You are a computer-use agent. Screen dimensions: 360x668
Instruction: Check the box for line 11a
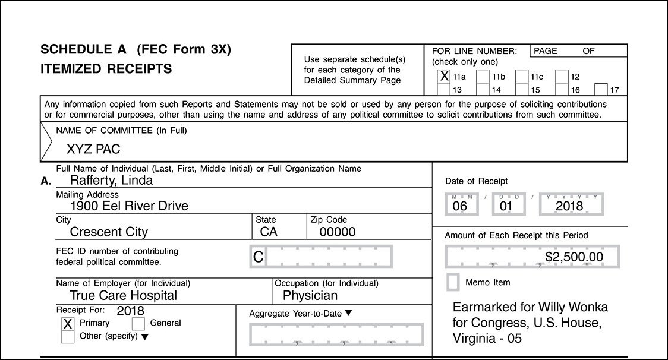coord(443,76)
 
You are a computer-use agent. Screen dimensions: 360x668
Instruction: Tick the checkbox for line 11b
coord(483,77)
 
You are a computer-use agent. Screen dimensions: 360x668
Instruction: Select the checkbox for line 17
coord(601,90)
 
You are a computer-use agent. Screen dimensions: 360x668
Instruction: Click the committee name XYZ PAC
coord(93,149)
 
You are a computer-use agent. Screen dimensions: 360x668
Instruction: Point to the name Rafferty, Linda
coord(111,180)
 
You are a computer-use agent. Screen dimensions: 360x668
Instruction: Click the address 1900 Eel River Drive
coord(129,206)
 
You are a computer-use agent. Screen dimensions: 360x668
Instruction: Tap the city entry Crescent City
coord(109,232)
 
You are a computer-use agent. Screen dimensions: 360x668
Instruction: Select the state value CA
coord(269,232)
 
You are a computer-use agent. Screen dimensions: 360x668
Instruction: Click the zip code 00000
coord(338,232)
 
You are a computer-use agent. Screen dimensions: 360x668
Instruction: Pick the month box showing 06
coord(460,206)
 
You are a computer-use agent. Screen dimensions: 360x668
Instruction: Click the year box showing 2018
coord(569,206)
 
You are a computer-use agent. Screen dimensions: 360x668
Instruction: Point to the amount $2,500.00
coord(574,257)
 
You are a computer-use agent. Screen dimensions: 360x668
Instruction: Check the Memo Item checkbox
coord(453,282)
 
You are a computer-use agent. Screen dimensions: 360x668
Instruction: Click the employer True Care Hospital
coord(124,295)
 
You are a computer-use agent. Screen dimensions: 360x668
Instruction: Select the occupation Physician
coord(310,295)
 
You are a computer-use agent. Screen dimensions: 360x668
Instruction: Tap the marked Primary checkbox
coord(68,324)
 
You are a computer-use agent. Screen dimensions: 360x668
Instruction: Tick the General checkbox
coord(138,324)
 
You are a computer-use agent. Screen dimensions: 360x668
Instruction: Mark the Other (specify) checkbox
coord(68,336)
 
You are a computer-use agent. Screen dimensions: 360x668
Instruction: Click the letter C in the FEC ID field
coord(258,257)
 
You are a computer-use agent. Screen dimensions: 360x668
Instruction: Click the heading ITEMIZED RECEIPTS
coord(106,69)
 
